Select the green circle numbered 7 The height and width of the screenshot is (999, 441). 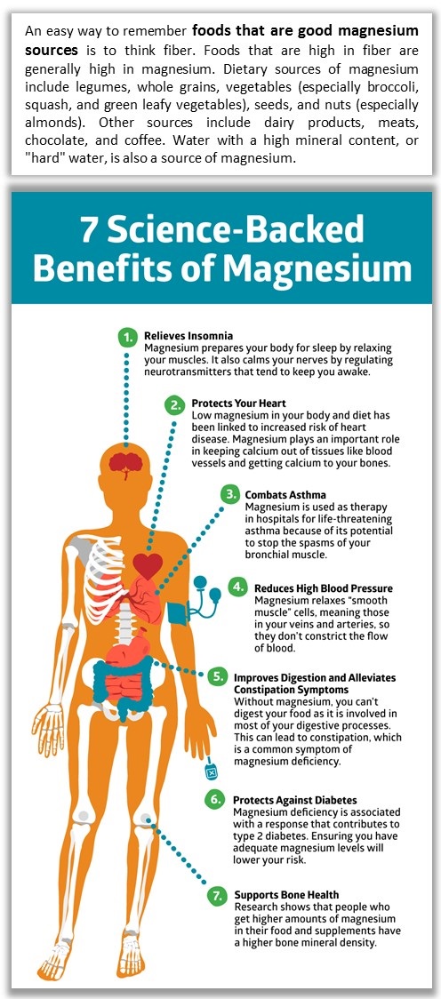(x=217, y=897)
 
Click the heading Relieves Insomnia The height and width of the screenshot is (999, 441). (x=188, y=335)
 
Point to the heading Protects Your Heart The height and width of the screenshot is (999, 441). (x=239, y=404)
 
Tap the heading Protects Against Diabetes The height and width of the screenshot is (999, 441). (x=295, y=800)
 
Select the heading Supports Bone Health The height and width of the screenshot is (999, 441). (x=287, y=894)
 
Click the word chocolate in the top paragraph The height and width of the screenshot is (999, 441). (x=51, y=140)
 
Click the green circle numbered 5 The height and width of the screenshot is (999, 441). (x=217, y=677)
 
